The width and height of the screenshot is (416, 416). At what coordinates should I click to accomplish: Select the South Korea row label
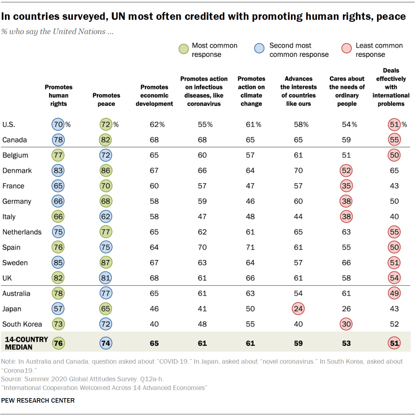(22, 324)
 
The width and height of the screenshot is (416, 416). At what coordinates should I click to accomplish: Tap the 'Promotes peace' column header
(106, 100)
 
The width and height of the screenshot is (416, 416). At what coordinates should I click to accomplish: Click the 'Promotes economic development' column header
(154, 95)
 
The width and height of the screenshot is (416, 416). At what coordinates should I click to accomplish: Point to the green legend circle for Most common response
(183, 50)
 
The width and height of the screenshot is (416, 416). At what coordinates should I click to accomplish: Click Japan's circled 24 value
(299, 309)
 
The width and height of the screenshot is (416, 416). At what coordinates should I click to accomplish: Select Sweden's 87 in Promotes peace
(106, 263)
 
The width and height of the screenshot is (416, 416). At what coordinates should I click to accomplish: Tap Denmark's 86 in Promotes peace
(106, 171)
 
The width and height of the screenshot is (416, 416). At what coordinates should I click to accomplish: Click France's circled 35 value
(347, 186)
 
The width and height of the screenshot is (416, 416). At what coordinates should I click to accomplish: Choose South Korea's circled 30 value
(347, 324)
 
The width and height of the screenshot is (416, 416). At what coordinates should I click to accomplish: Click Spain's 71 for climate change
(250, 247)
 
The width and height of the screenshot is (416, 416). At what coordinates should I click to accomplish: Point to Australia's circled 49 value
(394, 293)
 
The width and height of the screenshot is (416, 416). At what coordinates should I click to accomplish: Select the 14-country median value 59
(299, 343)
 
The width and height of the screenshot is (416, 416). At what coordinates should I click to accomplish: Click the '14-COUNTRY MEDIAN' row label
(26, 343)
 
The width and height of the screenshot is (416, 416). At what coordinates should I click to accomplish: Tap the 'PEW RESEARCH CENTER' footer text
(38, 401)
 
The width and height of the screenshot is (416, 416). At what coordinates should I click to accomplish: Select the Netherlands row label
(22, 232)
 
